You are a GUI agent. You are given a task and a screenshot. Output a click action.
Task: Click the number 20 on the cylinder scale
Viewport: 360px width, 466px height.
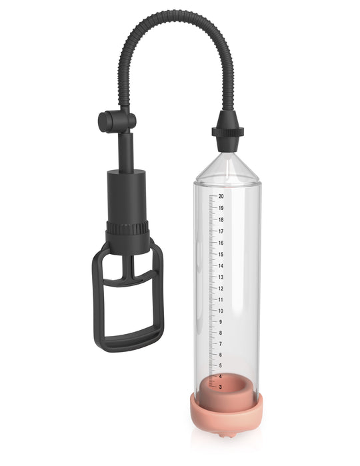tap(221, 197)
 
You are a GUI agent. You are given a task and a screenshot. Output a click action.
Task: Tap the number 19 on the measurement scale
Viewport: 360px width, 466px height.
tap(221, 208)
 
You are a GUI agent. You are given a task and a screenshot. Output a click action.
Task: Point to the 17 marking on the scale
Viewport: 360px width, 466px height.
tap(221, 231)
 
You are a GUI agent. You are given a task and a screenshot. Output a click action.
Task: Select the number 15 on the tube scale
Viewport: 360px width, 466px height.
tap(221, 254)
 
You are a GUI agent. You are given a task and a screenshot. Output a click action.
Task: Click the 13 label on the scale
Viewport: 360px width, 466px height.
tap(221, 277)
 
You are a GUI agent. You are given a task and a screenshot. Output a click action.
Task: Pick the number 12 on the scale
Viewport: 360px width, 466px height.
tap(221, 288)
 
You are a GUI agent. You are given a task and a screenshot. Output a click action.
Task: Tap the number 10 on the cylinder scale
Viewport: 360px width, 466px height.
tap(221, 311)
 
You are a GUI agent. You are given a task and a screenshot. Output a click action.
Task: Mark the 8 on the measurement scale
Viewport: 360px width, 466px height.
tap(221, 333)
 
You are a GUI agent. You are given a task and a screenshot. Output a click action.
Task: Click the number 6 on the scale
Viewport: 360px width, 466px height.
tap(221, 355)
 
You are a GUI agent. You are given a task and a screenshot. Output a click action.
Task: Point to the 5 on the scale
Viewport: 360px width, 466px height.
tap(221, 366)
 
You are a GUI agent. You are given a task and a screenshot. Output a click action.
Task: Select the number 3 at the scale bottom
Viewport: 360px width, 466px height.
tap(221, 387)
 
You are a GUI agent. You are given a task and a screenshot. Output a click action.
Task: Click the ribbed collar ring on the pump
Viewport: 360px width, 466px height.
tap(127, 229)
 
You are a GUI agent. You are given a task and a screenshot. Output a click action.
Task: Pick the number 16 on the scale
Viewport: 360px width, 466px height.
tap(221, 243)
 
